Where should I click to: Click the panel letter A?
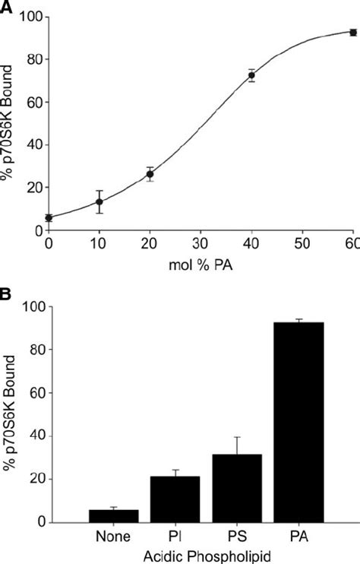[x=6, y=6]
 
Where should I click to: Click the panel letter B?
[x=6, y=291]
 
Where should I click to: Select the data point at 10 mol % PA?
[x=99, y=202]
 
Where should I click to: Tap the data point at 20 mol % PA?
[x=150, y=174]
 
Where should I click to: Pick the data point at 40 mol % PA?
[x=251, y=75]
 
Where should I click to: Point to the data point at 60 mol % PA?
[x=352, y=32]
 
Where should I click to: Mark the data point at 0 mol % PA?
[x=49, y=218]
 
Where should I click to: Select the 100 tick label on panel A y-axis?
[x=29, y=17]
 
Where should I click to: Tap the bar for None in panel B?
[x=113, y=515]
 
